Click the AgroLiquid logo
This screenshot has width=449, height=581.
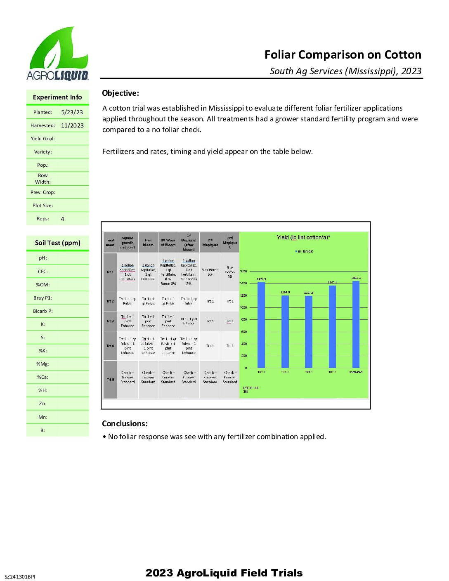point(57,54)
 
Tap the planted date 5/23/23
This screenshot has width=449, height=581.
point(72,112)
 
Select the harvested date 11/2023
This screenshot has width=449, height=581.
point(72,125)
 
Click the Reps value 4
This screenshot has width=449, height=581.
point(62,219)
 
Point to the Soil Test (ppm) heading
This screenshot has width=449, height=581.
point(57,243)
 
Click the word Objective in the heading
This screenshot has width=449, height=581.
point(120,93)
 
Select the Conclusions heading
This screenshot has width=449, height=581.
point(125,423)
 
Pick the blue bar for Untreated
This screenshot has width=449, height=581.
point(356,324)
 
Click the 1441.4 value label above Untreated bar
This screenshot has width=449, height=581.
point(356,278)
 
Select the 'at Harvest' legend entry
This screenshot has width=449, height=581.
point(304,251)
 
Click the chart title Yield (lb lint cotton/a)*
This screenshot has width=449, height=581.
point(303,237)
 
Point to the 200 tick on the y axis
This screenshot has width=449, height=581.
point(244,356)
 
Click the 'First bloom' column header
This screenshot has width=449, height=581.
point(148,242)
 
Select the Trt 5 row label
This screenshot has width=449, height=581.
point(110,380)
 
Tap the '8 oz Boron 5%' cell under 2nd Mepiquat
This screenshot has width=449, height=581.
point(210,272)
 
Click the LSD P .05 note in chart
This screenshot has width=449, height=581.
point(250,390)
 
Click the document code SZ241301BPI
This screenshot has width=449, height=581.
point(20,576)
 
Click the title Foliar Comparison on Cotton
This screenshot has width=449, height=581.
point(343,55)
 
